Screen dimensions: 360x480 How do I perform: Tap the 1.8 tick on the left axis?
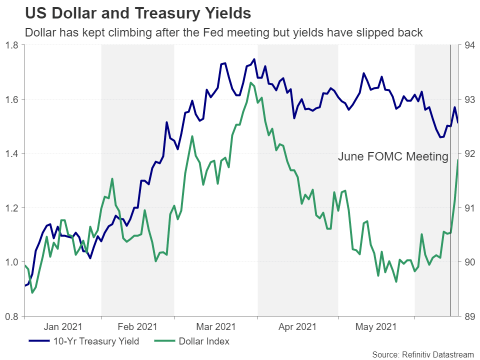12,45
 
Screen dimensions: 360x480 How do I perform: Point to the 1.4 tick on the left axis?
12,153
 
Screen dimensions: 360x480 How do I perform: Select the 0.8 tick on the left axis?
12,316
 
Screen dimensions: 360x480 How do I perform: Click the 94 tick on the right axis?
469,45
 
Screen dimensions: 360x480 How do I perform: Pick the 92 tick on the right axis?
469,153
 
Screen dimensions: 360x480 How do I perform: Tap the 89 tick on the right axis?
469,316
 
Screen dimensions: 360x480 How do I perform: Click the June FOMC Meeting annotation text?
393,156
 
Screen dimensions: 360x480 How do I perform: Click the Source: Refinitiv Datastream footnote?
423,354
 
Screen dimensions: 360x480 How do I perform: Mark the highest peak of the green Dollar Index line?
250,83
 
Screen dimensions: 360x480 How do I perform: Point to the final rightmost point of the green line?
458,160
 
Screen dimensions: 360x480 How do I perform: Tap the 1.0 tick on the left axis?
12,262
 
